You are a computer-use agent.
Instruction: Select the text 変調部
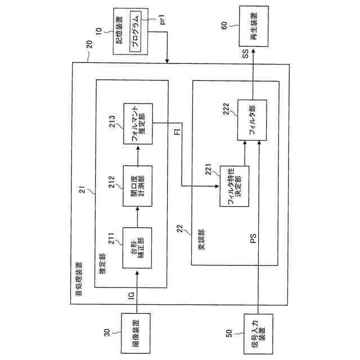coord(201,240)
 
